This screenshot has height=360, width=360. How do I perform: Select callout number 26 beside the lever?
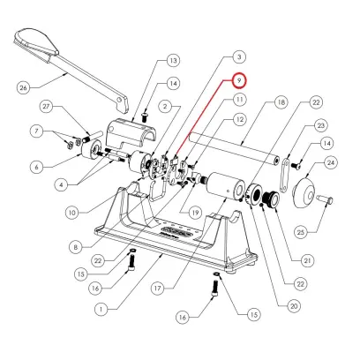[x=25, y=86]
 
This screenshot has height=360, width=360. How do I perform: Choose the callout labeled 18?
[x=280, y=103]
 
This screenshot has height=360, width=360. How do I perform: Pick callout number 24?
[x=331, y=162]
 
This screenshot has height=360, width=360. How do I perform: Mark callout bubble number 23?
[x=320, y=126]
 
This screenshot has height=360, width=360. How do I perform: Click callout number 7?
[x=35, y=131]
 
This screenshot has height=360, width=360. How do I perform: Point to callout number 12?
[x=239, y=118]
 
